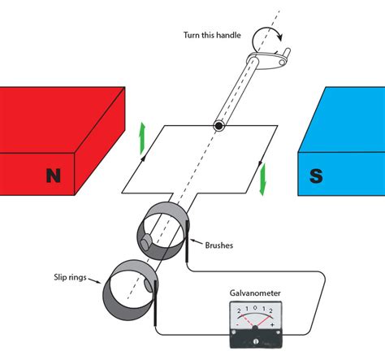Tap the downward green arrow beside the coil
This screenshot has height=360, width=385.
click(x=262, y=179)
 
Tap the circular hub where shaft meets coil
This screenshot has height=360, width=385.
click(x=219, y=126)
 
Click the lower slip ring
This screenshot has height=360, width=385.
click(x=129, y=289)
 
